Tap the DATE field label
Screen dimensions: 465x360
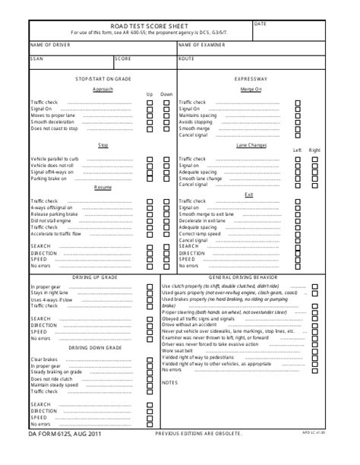click(x=260, y=24)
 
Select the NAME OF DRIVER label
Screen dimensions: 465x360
click(x=51, y=45)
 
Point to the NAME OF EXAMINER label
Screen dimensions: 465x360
click(x=204, y=45)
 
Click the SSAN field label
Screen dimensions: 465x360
click(x=36, y=59)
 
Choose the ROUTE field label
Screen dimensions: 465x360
click(x=187, y=59)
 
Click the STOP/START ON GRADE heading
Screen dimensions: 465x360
click(x=103, y=79)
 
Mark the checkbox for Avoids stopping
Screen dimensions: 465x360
click(x=298, y=122)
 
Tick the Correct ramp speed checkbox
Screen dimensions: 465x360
click(x=298, y=233)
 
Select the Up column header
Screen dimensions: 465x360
click(x=150, y=94)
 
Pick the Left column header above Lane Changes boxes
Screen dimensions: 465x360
click(x=298, y=150)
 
